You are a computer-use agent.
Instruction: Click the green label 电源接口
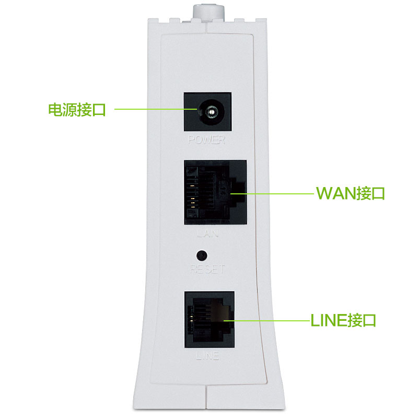77,110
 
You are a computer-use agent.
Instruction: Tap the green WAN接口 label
351,193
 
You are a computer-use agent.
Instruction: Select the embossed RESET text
208,270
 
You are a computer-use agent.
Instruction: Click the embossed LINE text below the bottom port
207,357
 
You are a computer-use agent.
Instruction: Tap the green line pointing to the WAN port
272,193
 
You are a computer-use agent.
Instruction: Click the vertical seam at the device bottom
207,400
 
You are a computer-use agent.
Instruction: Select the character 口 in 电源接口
99,110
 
